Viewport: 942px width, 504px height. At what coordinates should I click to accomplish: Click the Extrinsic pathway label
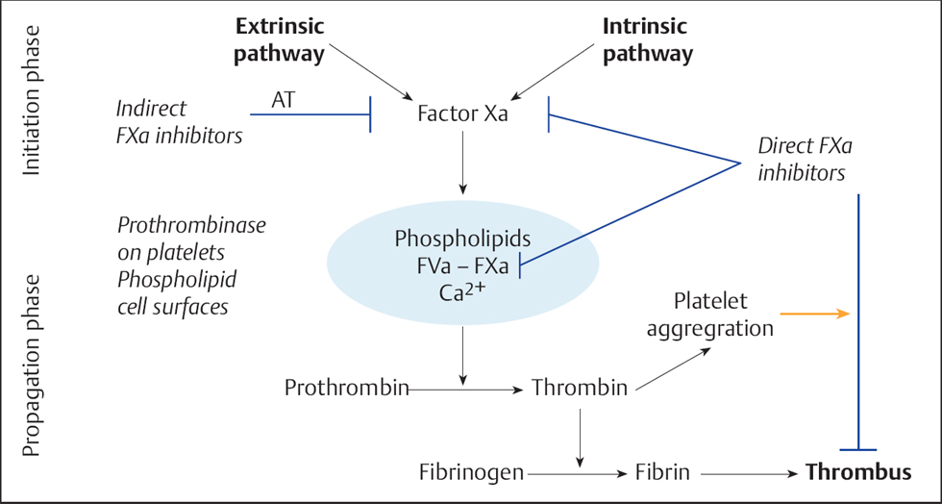280,40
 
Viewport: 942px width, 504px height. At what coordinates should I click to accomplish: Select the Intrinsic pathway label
647,40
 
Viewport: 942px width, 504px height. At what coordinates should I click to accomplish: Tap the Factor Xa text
463,113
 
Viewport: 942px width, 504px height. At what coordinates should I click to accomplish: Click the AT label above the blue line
284,98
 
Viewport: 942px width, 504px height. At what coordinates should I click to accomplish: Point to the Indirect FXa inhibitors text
180,122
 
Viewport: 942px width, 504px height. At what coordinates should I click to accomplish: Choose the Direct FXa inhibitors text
805,160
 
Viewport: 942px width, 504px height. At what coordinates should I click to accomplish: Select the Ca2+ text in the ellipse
463,292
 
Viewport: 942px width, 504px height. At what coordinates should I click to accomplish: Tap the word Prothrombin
347,389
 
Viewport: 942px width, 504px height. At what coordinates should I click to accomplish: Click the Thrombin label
580,389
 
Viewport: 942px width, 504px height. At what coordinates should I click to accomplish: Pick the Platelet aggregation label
710,315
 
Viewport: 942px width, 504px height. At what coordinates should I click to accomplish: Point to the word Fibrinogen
471,472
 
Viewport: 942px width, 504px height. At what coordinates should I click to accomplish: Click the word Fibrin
664,472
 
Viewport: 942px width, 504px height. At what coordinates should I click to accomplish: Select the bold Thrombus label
858,472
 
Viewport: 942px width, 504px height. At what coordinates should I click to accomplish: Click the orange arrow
815,314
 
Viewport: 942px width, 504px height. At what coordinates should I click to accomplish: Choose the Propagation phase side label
33,365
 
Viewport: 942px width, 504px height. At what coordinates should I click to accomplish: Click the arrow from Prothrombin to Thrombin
468,390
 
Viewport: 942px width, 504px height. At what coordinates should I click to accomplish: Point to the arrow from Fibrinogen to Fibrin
577,473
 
